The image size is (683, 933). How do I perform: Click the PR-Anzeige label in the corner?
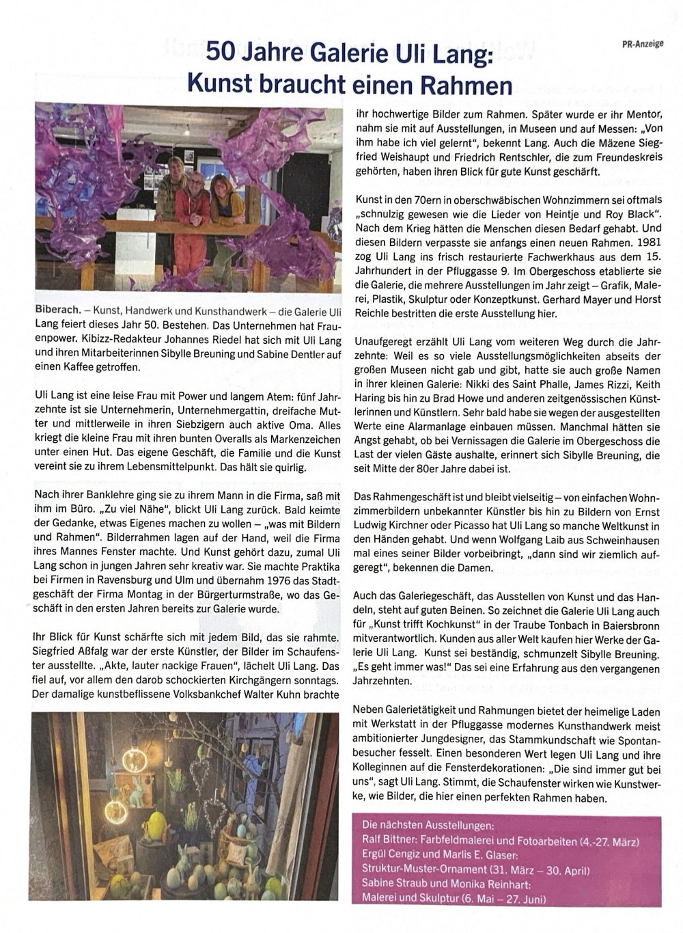tap(645, 44)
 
